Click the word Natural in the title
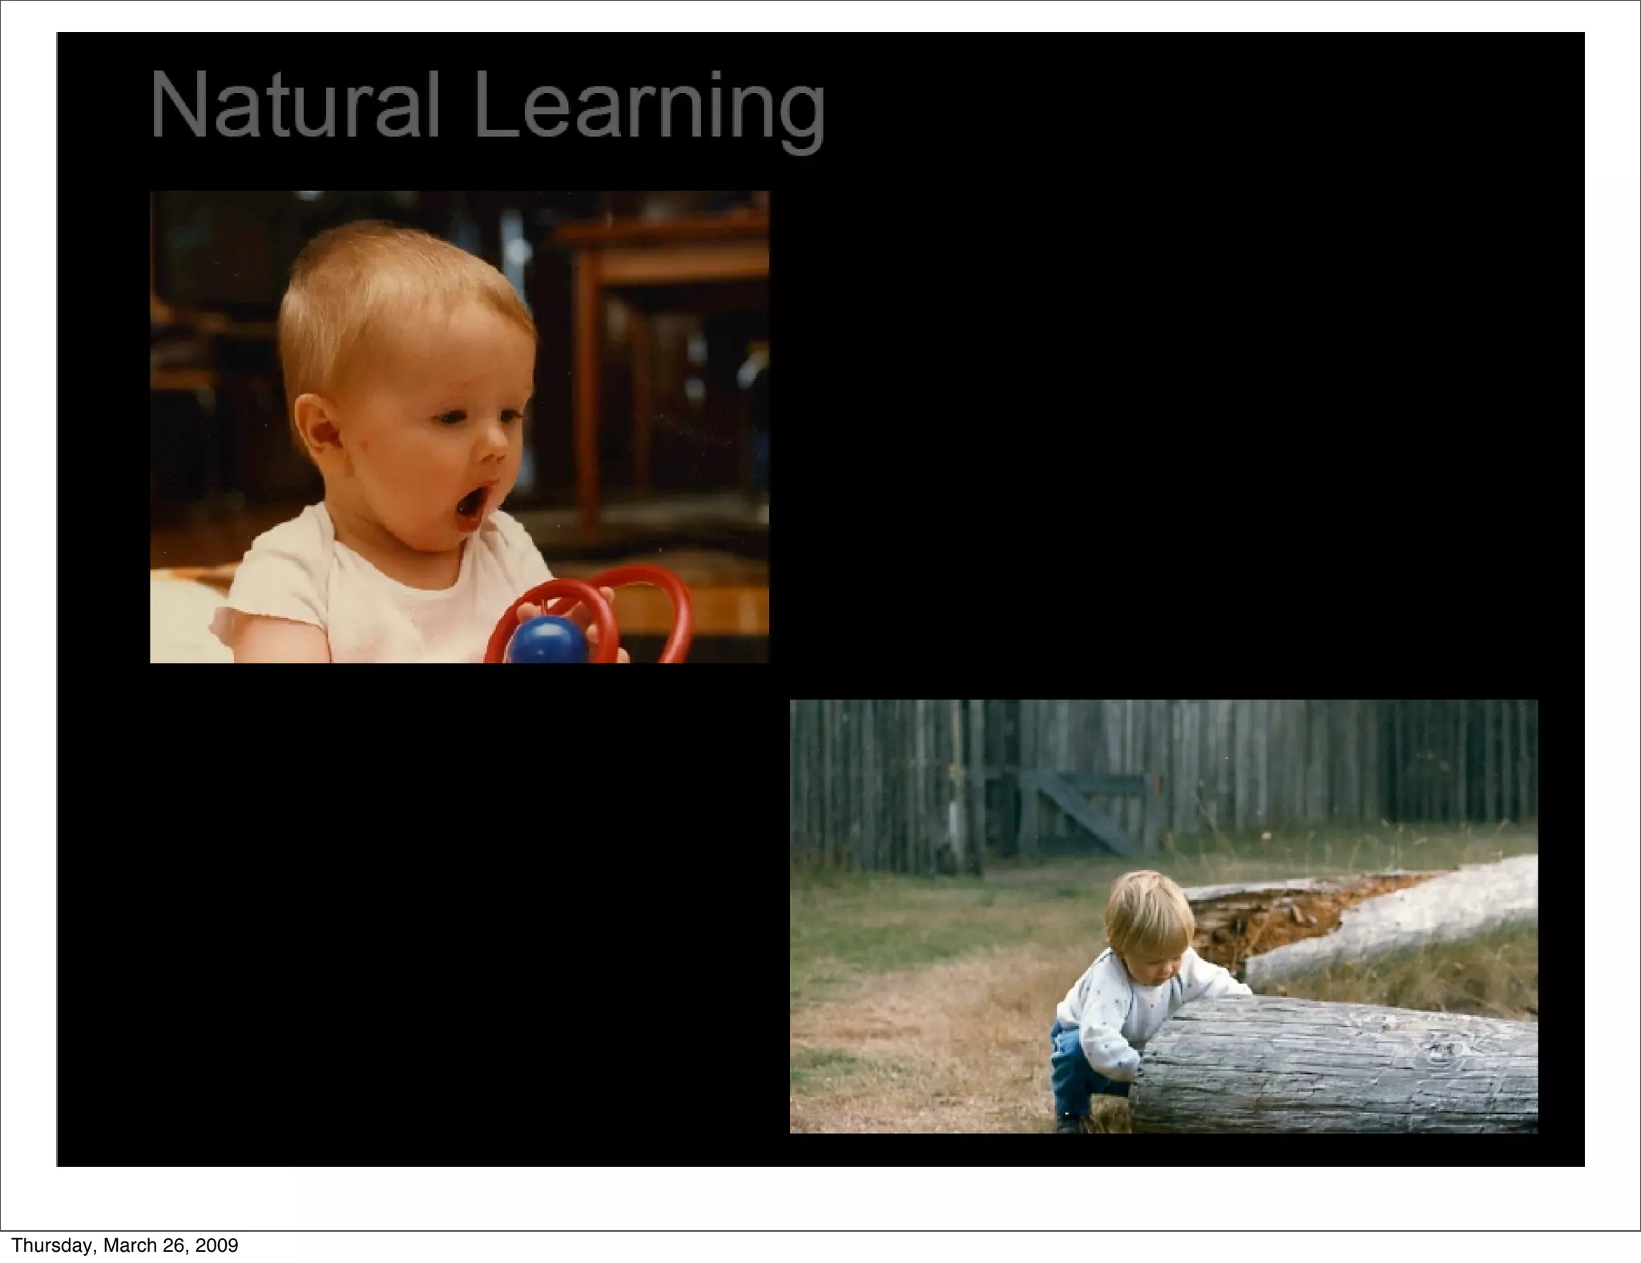tap(295, 105)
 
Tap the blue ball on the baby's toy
tap(547, 642)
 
